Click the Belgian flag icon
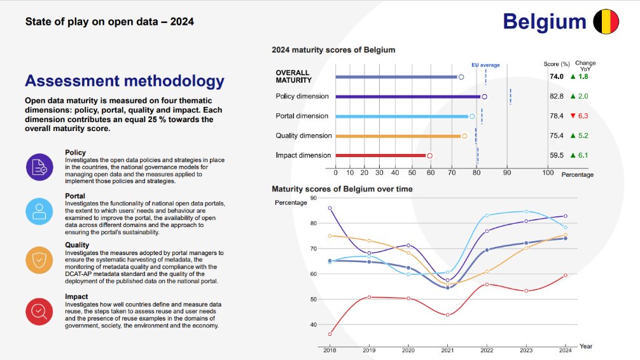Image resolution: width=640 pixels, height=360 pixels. point(606,22)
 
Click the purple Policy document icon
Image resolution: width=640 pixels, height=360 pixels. point(39,167)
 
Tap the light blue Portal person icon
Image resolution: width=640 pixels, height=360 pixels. point(39,211)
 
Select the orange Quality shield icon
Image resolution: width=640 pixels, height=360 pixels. point(39,260)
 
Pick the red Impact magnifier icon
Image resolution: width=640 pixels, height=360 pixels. point(39,312)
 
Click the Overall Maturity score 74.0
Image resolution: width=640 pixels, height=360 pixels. point(557,76)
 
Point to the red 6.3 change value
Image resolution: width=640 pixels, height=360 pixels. point(583,116)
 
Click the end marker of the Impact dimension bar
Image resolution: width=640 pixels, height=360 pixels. point(429,155)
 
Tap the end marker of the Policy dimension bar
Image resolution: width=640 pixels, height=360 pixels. point(484,97)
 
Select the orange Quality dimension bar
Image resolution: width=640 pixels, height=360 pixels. point(398,136)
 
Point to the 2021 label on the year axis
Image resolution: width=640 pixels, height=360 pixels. point(447,351)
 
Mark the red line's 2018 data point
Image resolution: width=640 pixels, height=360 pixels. point(330,334)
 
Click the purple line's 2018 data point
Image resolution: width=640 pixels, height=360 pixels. point(330,208)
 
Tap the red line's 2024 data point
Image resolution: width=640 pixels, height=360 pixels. point(565,275)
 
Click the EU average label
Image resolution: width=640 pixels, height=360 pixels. point(485,65)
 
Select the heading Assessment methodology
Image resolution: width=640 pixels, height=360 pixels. point(124,81)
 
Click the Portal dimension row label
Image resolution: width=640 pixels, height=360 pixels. point(302,116)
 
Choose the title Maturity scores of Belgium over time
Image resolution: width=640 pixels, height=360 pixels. point(342,189)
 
